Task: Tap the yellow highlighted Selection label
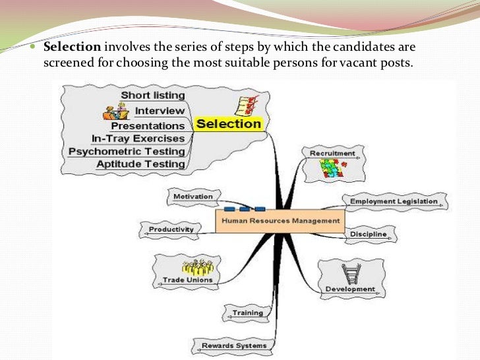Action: pyautogui.click(x=229, y=123)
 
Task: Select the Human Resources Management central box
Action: pyautogui.click(x=280, y=222)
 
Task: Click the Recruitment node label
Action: pyautogui.click(x=332, y=154)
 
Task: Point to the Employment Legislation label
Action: pyautogui.click(x=393, y=201)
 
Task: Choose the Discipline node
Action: pyautogui.click(x=369, y=234)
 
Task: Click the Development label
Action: pyautogui.click(x=350, y=289)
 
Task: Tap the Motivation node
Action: pyautogui.click(x=193, y=196)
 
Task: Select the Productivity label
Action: pyautogui.click(x=171, y=229)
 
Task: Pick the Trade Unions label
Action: pyautogui.click(x=188, y=280)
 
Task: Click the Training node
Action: pyautogui.click(x=247, y=313)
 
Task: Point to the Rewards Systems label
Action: pyautogui.click(x=234, y=345)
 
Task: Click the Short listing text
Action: pyautogui.click(x=152, y=96)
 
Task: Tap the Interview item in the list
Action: pyautogui.click(x=160, y=111)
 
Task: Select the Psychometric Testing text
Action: pyautogui.click(x=127, y=152)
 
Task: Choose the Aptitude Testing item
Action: pyautogui.click(x=140, y=164)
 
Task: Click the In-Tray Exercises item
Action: pyautogui.click(x=138, y=138)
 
